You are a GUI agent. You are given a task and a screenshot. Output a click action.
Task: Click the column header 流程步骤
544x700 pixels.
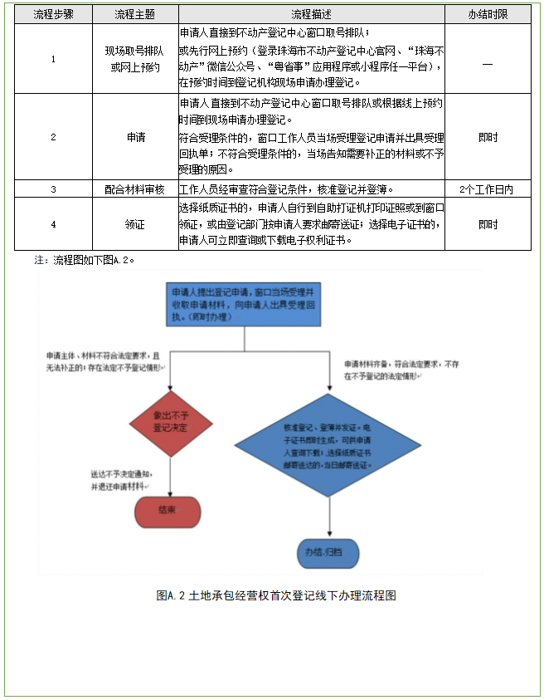click(x=52, y=15)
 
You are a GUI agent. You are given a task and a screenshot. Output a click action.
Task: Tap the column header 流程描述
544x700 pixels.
click(x=311, y=15)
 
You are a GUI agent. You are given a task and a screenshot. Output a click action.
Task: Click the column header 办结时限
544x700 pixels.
click(x=488, y=15)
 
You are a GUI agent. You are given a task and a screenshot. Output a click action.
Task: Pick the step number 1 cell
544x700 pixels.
click(x=52, y=59)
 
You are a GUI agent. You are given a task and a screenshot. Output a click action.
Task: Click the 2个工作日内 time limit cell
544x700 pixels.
click(x=488, y=188)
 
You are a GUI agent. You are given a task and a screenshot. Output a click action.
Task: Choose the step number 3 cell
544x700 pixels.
click(x=52, y=188)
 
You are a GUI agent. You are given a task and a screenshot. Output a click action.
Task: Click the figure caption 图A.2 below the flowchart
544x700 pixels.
click(x=276, y=595)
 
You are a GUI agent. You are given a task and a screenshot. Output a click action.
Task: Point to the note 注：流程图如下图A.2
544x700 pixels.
click(x=85, y=260)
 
